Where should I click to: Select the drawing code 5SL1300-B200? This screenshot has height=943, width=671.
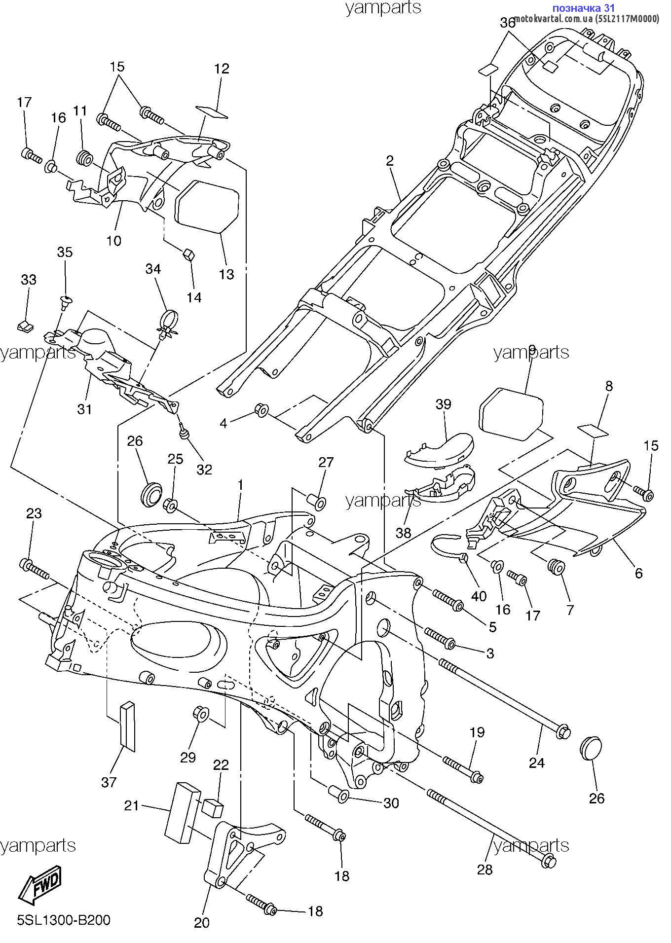click(x=64, y=920)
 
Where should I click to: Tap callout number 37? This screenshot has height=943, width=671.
click(x=109, y=782)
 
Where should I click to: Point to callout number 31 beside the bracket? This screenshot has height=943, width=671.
click(x=84, y=409)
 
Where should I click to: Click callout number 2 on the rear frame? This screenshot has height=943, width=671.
click(x=390, y=160)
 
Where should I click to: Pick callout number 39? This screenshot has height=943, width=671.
click(x=443, y=404)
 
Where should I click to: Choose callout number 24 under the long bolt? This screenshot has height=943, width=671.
click(x=536, y=763)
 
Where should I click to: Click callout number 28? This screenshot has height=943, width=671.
click(x=485, y=869)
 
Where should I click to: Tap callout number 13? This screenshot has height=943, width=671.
click(x=226, y=274)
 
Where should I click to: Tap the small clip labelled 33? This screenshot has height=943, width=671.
click(x=26, y=325)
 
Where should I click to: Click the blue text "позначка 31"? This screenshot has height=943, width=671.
click(x=584, y=8)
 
